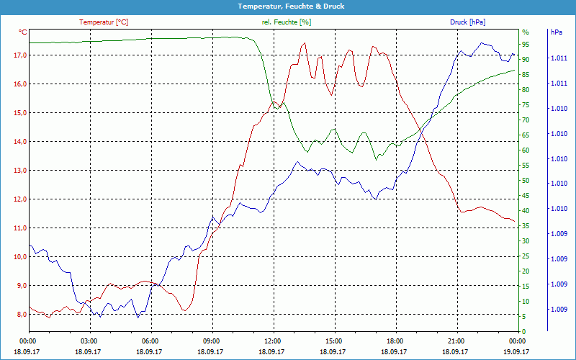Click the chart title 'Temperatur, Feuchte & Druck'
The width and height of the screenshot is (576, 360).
tap(288, 6)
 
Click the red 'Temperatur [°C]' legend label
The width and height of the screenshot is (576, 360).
tap(104, 22)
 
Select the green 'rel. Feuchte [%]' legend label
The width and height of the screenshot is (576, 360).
tap(287, 22)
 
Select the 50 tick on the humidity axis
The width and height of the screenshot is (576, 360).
tap(526, 181)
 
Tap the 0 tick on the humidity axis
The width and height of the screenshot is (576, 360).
tap(524, 332)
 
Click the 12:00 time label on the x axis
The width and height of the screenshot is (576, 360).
tap(272, 341)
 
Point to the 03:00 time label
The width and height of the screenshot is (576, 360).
tap(89, 341)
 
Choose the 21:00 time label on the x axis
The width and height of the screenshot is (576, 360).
tap(456, 341)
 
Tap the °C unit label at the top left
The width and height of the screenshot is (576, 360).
tap(23, 32)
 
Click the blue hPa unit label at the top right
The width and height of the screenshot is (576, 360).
tap(556, 32)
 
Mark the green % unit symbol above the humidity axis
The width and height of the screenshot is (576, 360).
tap(526, 32)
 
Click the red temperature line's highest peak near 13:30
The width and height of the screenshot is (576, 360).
tap(305, 42)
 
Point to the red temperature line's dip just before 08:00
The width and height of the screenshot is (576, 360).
tap(186, 310)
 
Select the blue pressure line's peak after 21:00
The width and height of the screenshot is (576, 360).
tap(482, 42)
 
